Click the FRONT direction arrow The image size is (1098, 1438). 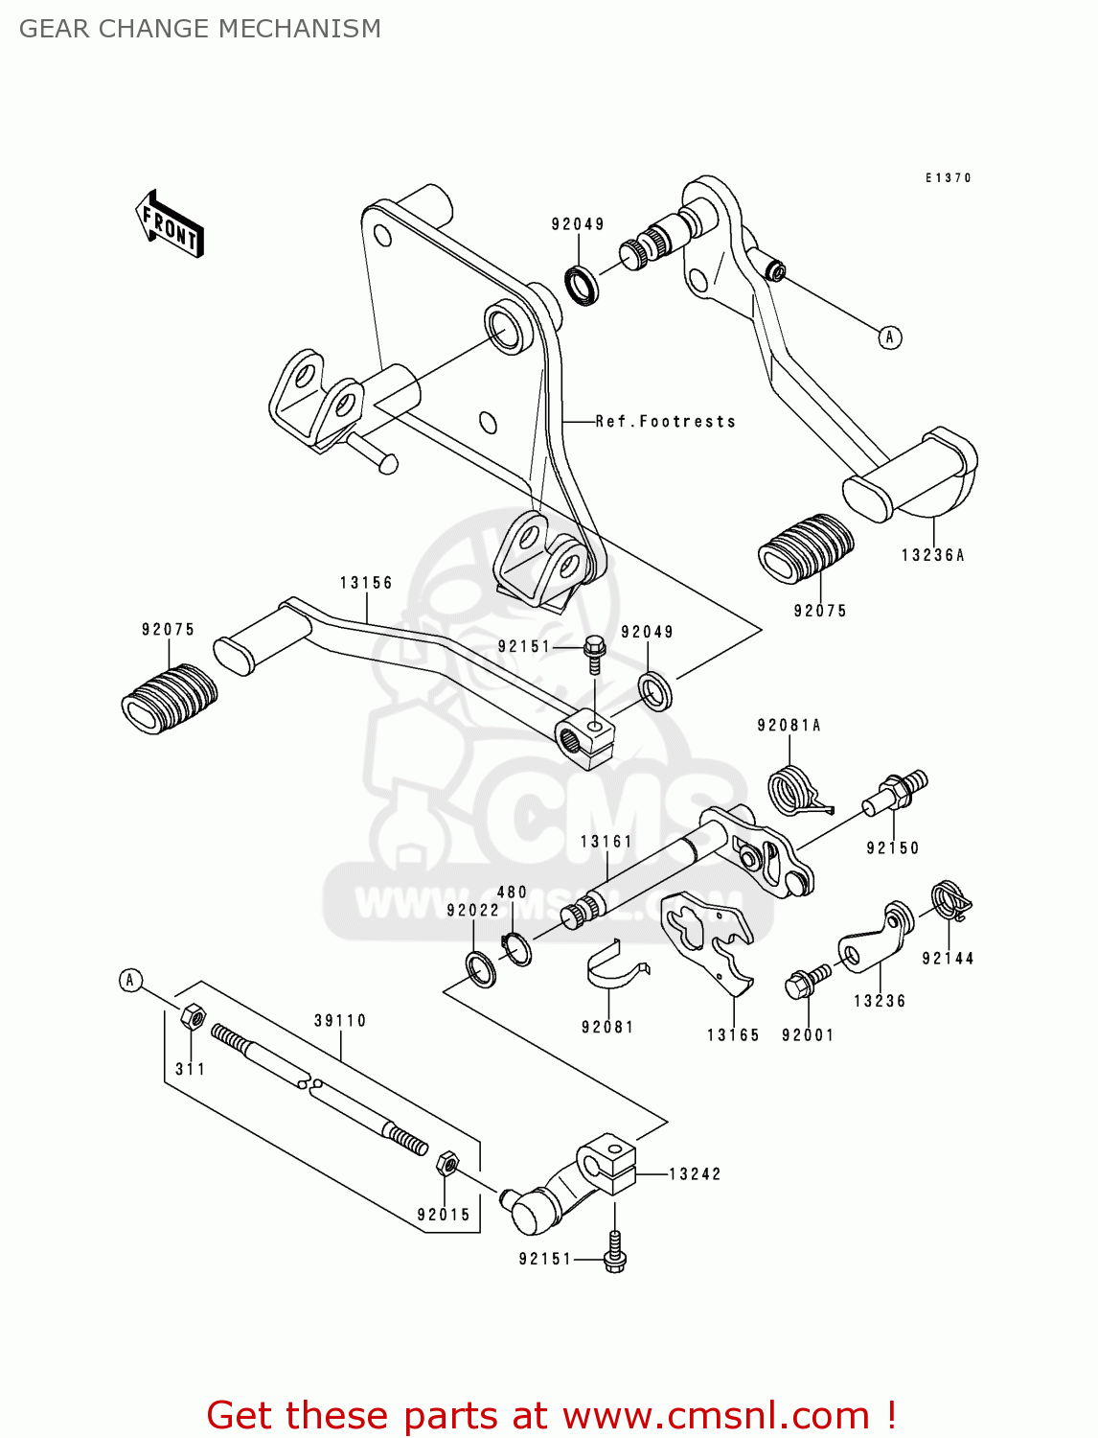coord(170,224)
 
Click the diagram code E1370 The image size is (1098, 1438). coord(948,177)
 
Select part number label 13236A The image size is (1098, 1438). coord(932,555)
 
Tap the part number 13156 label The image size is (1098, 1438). coord(366,583)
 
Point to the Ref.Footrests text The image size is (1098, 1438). coord(666,422)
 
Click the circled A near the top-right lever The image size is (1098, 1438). coord(890,337)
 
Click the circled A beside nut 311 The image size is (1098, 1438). coord(131,980)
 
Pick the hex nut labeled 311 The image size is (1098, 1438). coord(192,1015)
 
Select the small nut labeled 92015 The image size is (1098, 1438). coord(446,1164)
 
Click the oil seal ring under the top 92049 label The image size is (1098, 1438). coord(582,285)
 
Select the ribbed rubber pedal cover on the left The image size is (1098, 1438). coord(169,698)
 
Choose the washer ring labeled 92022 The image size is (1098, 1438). coord(480,969)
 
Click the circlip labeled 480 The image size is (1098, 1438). coord(516,948)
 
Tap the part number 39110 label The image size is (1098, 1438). coord(340,1021)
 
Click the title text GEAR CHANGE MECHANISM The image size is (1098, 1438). coord(200,29)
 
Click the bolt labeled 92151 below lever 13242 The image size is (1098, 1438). coord(615,1254)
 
